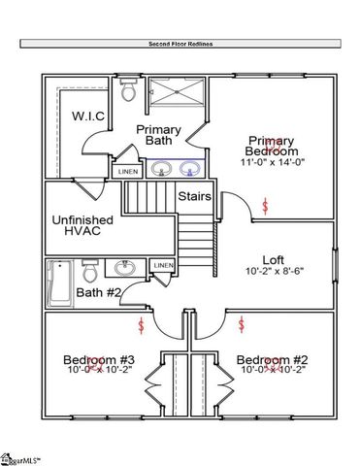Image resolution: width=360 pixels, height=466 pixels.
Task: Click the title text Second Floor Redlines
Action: pyautogui.click(x=180, y=44)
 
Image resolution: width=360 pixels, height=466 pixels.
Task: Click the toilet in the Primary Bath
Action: pyautogui.click(x=126, y=90)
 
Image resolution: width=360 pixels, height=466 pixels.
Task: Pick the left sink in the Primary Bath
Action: pyautogui.click(x=162, y=168)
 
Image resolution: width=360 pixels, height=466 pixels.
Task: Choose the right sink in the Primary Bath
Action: pyautogui.click(x=190, y=168)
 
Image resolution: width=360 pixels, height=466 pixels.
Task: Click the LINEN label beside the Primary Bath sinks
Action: pyautogui.click(x=128, y=172)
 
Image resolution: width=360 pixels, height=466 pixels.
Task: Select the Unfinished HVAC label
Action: pyautogui.click(x=82, y=228)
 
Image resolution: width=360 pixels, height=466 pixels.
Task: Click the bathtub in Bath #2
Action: pyautogui.click(x=61, y=283)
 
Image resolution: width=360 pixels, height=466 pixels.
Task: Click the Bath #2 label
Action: pyautogui.click(x=98, y=292)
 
